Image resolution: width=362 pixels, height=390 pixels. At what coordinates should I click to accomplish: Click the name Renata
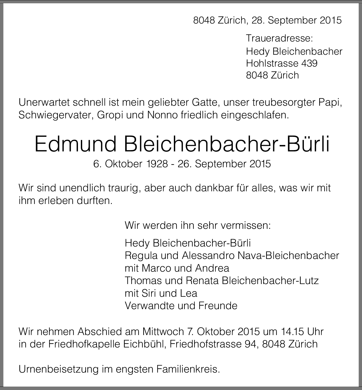[202, 281]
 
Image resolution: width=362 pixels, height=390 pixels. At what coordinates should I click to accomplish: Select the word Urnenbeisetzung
[58, 369]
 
